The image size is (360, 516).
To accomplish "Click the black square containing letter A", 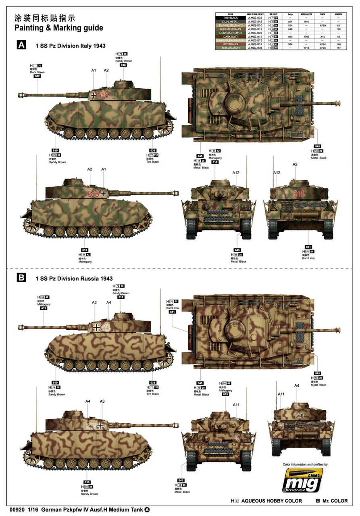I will pyautogui.click(x=20, y=45).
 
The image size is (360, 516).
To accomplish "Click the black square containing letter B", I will pyautogui.click(x=20, y=278).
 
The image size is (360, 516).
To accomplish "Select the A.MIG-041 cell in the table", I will pyautogui.click(x=255, y=36).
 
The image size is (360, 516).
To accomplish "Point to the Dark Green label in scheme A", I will pyautogui.click(x=37, y=72).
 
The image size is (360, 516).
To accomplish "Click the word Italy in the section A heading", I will pyautogui.click(x=82, y=46).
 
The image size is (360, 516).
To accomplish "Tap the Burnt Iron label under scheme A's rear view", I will pyautogui.click(x=308, y=258).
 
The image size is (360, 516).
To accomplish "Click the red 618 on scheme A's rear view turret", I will pyautogui.click(x=299, y=194).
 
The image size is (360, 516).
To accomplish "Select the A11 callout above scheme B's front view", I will pyautogui.click(x=237, y=405).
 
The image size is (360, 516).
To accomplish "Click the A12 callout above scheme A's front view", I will pyautogui.click(x=236, y=173).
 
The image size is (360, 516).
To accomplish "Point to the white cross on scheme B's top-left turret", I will pyautogui.click(x=96, y=327).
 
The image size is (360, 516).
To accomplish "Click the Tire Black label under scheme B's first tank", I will pyautogui.click(x=153, y=394).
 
